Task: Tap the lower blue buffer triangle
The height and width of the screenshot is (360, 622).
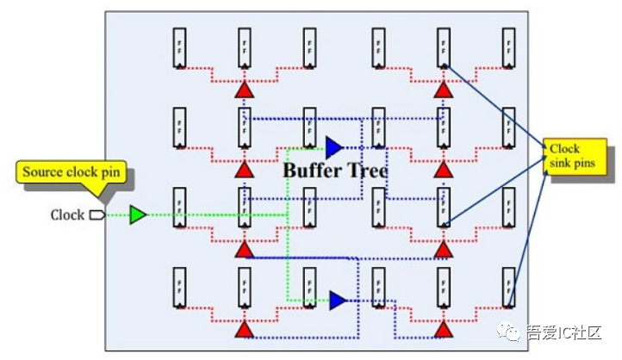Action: pos(337,300)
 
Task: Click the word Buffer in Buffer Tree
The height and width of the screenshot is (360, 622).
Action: pos(313,171)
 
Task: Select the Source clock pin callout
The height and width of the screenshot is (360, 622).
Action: pos(73,172)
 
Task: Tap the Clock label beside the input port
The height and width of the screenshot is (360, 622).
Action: pos(67,214)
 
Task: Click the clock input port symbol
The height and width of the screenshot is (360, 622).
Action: pos(96,214)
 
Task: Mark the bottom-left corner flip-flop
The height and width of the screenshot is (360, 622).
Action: pos(179,288)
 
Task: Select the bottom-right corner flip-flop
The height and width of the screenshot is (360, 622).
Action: pos(508,288)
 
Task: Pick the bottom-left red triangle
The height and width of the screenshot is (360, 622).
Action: pos(244,329)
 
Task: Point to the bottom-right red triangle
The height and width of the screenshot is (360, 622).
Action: pos(443,329)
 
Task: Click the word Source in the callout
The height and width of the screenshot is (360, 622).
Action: pos(42,172)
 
